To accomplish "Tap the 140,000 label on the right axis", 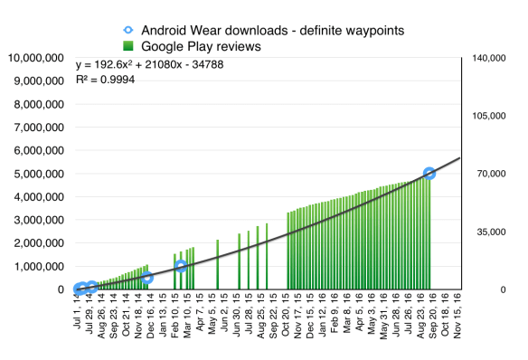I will [x=489, y=58].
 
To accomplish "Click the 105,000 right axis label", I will [x=489, y=116].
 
